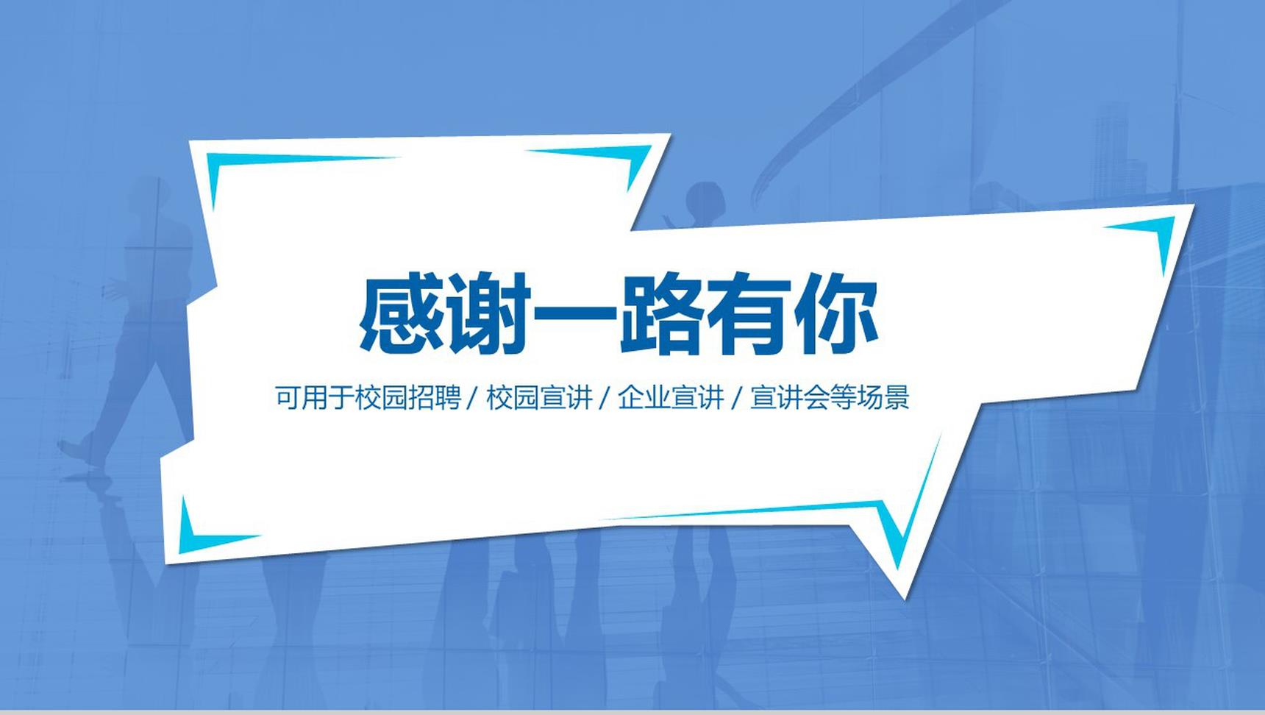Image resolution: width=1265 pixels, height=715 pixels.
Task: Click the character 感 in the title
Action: coord(402,314)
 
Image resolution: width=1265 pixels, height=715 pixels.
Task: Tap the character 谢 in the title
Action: coord(488,314)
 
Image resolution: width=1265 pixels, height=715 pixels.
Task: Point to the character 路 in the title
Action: coord(661,314)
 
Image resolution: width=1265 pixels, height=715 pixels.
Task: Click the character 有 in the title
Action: coord(748,314)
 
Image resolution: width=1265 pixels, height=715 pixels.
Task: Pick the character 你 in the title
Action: coord(835,314)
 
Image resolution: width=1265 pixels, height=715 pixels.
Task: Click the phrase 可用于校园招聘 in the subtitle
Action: coord(368,397)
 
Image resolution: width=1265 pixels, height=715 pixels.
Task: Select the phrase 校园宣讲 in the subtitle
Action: coord(539,397)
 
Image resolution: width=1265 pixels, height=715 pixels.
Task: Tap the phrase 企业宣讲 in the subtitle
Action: coord(671,397)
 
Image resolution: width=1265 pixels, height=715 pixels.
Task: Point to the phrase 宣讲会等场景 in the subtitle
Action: coord(830,397)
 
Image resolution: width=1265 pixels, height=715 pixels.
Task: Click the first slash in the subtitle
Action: coord(474,398)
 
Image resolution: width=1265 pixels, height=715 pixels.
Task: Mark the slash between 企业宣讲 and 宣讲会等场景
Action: coord(737,398)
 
